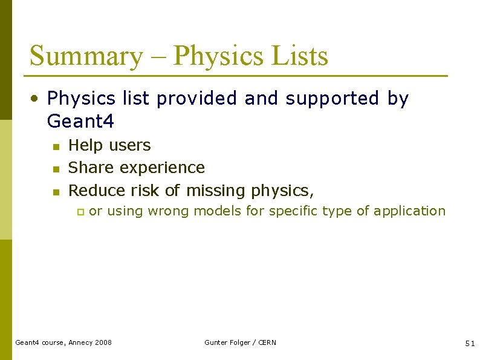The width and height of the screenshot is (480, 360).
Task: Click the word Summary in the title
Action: (85, 56)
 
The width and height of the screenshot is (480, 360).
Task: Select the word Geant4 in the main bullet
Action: (80, 122)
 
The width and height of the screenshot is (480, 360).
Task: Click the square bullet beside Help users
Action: (55, 146)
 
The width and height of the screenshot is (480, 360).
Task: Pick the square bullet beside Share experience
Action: (55, 169)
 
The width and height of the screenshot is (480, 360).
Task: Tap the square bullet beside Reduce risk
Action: (55, 192)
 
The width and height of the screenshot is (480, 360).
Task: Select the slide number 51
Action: (470, 343)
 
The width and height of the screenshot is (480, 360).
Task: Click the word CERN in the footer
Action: (267, 342)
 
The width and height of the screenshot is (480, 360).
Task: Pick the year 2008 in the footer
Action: (103, 342)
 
